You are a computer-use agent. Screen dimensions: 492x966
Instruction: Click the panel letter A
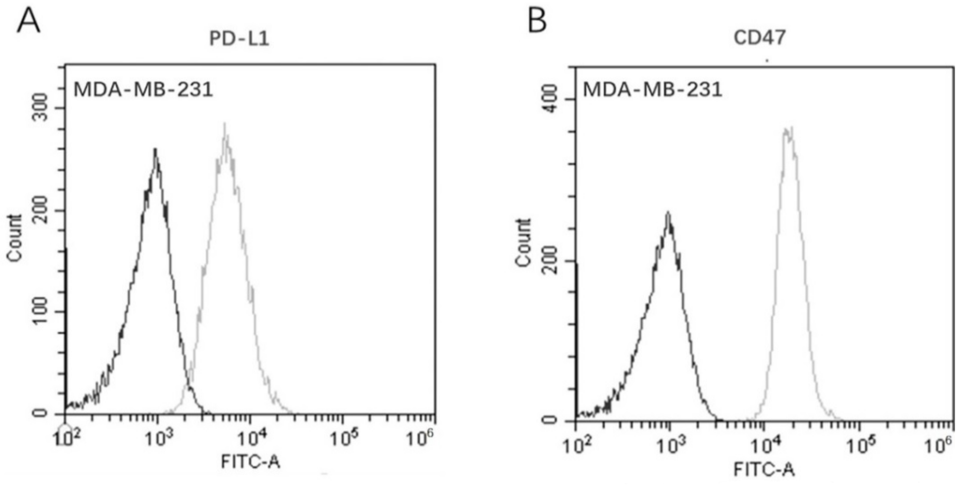click(29, 22)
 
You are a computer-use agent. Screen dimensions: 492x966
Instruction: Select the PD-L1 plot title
click(239, 39)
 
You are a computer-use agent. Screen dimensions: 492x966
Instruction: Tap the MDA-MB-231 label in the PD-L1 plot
click(143, 90)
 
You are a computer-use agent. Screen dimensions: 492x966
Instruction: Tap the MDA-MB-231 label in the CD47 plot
click(653, 90)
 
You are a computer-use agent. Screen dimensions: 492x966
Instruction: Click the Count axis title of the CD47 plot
click(523, 242)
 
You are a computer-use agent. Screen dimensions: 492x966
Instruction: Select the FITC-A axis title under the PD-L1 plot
click(250, 462)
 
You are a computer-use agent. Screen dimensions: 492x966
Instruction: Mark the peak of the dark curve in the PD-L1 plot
click(155, 150)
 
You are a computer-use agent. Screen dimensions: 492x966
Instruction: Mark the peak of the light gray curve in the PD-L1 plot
click(225, 124)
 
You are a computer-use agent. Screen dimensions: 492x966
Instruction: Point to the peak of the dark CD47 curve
click(668, 214)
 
